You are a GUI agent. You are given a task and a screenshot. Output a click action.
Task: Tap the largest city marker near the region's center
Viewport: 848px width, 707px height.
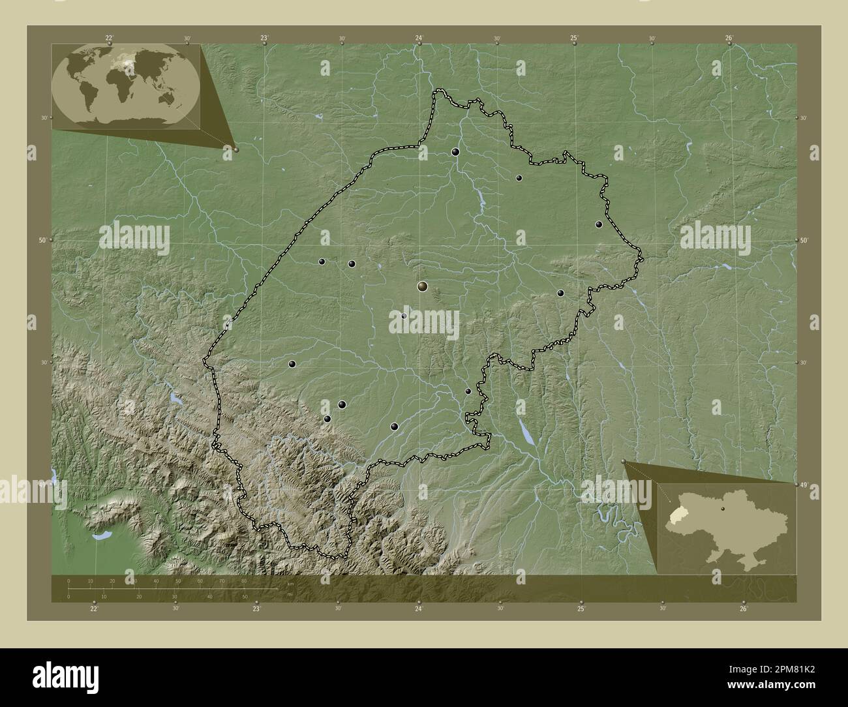[x=423, y=286]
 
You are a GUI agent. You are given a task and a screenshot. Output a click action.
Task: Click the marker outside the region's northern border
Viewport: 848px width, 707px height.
[x=520, y=67]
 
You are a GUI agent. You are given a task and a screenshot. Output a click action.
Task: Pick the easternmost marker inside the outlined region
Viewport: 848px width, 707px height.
[x=599, y=224]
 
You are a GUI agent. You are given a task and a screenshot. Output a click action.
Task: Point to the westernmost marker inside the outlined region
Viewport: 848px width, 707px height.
[x=292, y=364]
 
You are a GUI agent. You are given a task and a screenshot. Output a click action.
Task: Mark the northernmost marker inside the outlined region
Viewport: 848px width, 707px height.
[x=455, y=152]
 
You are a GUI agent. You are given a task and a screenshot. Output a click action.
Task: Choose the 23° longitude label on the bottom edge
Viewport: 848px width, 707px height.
[x=256, y=609]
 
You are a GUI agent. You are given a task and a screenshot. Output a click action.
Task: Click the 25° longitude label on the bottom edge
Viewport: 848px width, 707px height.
[x=581, y=609]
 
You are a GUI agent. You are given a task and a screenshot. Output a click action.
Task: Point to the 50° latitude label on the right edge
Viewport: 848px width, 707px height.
[x=804, y=241]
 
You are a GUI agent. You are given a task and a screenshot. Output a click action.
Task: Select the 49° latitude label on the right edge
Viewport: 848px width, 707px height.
[x=804, y=485]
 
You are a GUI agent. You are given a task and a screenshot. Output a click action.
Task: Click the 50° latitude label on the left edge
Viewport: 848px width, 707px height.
[x=42, y=241]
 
